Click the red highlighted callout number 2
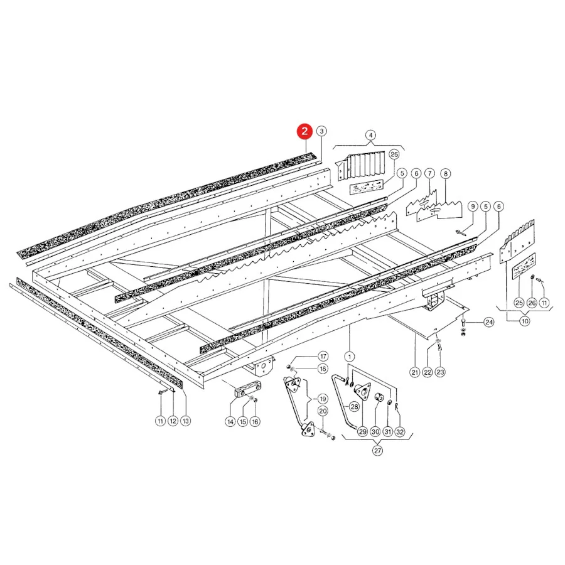304,131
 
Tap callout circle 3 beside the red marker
322,131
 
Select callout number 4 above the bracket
370,136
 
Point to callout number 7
429,174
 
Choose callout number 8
446,174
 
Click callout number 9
473,207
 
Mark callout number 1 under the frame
350,357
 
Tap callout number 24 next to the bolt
488,322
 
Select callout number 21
415,372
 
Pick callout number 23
440,372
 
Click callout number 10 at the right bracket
525,321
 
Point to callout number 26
532,303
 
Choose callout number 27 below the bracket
377,450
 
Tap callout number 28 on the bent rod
355,407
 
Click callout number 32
400,432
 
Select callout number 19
323,399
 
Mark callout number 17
323,357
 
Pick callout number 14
230,421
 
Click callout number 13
186,421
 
